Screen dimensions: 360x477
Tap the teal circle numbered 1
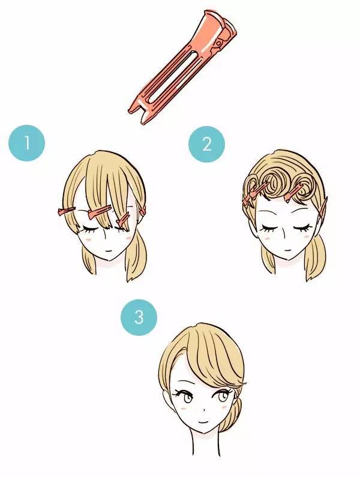(27, 143)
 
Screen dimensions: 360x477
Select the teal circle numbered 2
(206, 144)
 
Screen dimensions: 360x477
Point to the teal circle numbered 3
(139, 317)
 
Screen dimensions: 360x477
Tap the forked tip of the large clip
(139, 114)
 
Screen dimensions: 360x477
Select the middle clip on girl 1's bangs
(99, 212)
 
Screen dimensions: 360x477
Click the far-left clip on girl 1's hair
(66, 211)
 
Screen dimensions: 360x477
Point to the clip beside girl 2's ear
(323, 208)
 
